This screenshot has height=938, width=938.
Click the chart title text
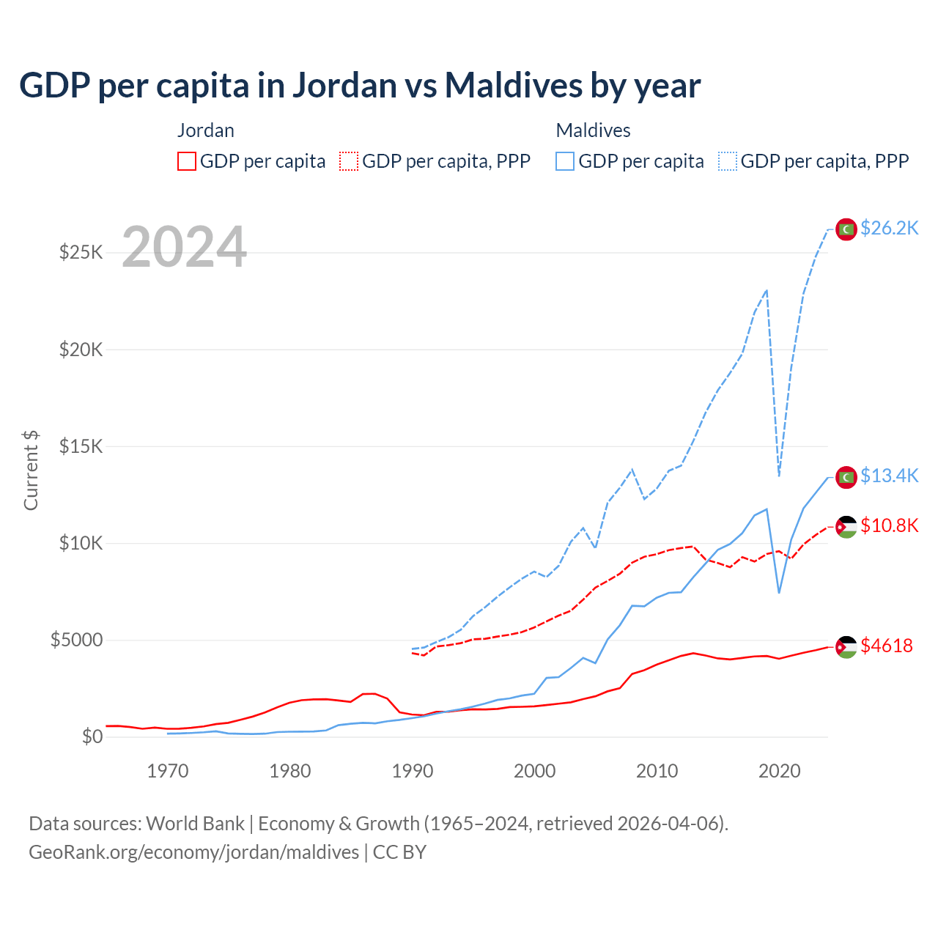point(360,86)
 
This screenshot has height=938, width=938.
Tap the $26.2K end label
point(889,229)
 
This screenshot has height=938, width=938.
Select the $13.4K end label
point(889,476)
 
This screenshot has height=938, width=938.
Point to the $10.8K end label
point(889,526)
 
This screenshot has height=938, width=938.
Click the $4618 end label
point(887,646)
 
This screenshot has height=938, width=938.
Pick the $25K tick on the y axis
point(81,253)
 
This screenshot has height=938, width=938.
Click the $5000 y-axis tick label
point(77,640)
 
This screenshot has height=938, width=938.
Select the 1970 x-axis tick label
point(168,772)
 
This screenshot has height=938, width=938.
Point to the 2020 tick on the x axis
point(779,772)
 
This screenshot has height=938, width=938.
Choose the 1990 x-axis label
point(413,772)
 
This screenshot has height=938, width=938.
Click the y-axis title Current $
point(31,470)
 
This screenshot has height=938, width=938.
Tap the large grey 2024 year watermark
point(184,248)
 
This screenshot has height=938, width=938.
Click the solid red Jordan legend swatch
point(187,161)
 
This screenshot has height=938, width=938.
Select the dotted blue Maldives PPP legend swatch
point(728,161)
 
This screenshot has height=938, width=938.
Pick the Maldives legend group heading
point(593,131)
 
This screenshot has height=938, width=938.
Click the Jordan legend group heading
point(206,131)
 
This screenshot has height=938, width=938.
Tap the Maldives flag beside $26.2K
point(846,229)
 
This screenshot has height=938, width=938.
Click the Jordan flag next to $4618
point(846,647)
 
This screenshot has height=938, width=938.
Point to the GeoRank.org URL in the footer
point(193,852)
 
